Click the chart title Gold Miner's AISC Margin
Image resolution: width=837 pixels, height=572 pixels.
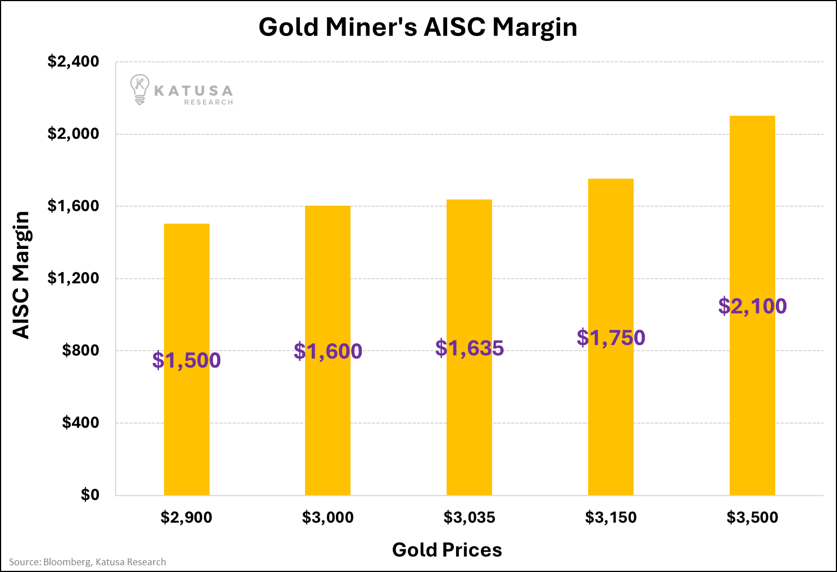[418, 27]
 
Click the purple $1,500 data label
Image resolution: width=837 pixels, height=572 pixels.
[186, 360]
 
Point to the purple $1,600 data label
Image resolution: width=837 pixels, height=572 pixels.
[328, 351]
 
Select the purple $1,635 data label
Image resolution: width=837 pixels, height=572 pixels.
[470, 348]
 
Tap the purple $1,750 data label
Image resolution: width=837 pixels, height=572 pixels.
[611, 338]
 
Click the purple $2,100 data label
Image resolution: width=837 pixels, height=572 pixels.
[753, 306]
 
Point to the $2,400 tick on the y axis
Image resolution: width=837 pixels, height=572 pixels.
[73, 61]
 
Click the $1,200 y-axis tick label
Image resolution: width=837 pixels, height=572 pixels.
[73, 278]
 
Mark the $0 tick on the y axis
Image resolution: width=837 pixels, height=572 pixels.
[90, 494]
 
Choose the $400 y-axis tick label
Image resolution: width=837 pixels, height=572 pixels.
[80, 423]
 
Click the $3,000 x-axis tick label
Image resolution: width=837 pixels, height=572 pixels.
[328, 517]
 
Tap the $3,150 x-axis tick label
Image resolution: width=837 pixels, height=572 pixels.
[611, 517]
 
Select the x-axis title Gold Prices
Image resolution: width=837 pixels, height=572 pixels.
[447, 550]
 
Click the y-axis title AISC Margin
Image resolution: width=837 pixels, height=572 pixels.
[21, 275]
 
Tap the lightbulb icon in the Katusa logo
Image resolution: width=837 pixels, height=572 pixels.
[139, 89]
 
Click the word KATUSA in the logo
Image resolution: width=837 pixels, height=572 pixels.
[193, 91]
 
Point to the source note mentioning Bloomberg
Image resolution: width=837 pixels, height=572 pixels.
[88, 562]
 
